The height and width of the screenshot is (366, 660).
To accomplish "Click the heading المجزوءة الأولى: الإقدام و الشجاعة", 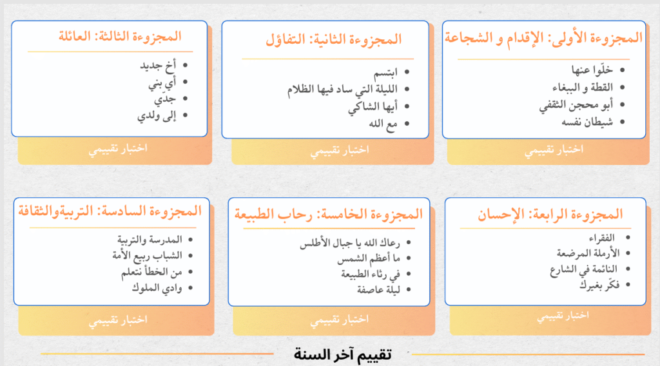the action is (543, 39).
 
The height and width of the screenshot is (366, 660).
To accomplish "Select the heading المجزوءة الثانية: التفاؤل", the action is (334, 40).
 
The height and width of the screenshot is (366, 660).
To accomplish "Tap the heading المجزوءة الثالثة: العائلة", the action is (120, 37).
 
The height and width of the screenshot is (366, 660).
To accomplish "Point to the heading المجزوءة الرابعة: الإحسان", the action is (550, 215).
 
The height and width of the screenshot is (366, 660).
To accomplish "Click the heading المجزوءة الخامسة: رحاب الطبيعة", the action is (328, 215).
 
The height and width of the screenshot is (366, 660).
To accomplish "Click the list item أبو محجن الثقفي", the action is (576, 105).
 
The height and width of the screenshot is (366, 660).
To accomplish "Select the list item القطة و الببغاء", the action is (583, 88).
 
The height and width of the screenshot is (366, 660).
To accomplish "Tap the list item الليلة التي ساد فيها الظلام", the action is (342, 90).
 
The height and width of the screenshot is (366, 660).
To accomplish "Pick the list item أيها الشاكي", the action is (373, 107).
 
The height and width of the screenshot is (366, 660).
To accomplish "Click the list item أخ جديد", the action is (158, 66).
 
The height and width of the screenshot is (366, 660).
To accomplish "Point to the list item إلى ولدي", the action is (157, 116).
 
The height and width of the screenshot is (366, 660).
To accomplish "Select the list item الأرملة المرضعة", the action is (588, 253).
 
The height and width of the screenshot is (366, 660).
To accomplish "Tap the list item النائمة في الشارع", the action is (583, 269).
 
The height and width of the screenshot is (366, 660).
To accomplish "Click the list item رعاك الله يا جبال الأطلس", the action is (350, 243).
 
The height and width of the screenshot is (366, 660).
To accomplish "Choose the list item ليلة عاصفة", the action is (378, 290).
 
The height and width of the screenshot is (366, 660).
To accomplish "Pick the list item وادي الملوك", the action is (157, 288).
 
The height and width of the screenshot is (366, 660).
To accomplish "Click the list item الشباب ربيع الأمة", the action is (147, 256).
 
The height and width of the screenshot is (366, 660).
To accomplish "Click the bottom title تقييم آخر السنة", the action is (343, 354).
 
